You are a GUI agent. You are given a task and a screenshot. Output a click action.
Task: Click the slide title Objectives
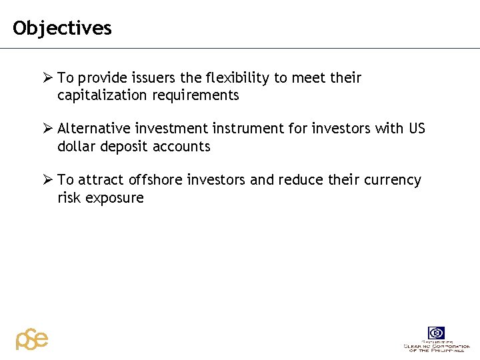[62, 28]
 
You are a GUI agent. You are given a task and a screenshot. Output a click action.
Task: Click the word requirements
[195, 95]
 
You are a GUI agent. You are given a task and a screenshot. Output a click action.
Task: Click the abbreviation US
[417, 129]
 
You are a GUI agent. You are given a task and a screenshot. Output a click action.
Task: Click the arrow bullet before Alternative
[48, 129]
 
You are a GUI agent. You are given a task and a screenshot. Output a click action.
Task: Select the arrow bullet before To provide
[48, 78]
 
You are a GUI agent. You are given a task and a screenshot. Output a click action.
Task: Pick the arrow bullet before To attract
[48, 180]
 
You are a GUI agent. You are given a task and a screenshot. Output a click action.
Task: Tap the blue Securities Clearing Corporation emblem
[437, 333]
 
